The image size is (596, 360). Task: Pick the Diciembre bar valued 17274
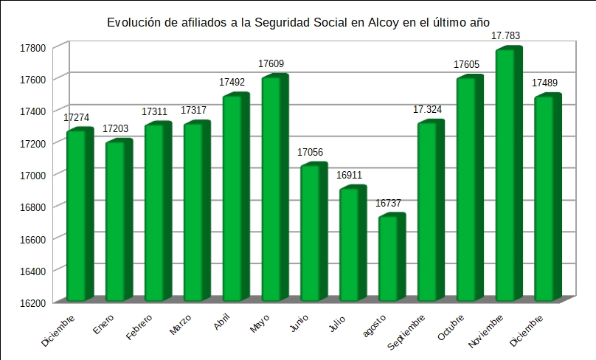78,215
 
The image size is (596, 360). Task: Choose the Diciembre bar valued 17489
547,198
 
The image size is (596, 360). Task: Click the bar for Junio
313,232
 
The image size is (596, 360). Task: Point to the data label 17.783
508,35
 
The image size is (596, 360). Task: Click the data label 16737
388,203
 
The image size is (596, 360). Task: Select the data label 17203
115,128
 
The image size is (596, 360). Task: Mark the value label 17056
310,152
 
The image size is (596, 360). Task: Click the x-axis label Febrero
139,328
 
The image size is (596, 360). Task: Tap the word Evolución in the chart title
134,23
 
